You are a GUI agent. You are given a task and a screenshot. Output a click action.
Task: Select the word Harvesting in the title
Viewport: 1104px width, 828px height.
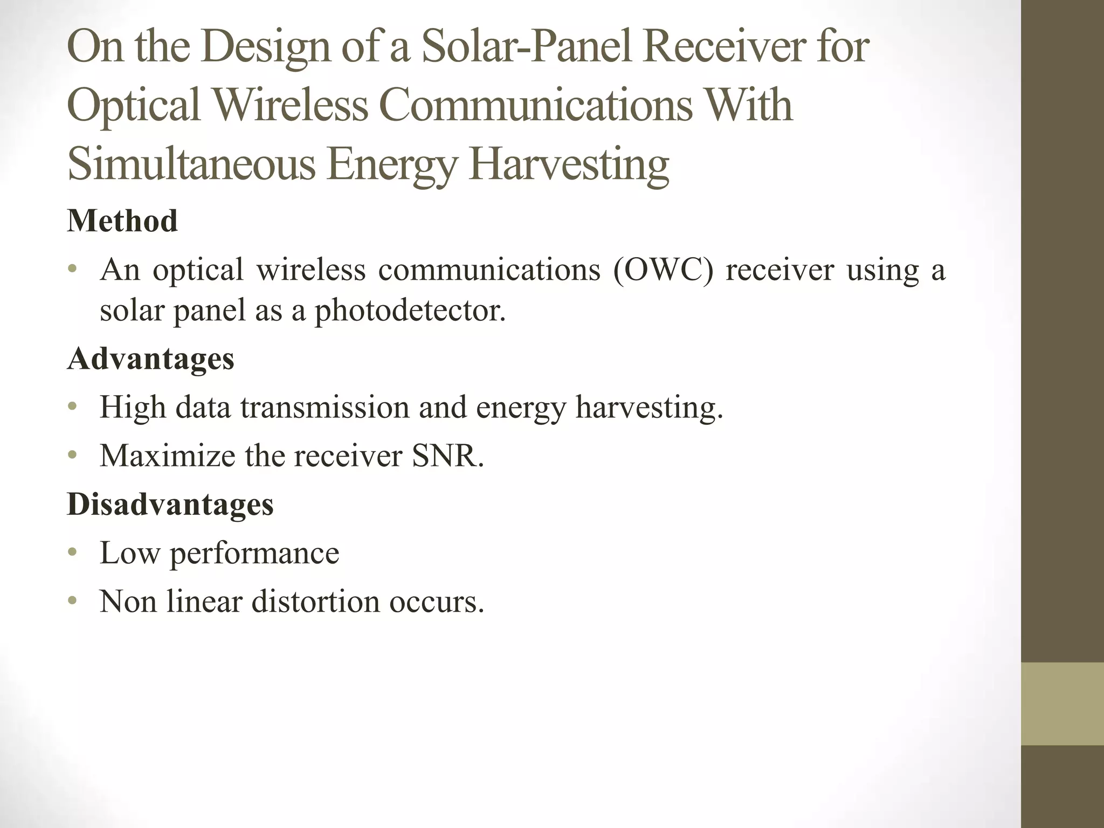569,165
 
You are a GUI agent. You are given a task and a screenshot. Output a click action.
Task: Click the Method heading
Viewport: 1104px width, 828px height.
122,221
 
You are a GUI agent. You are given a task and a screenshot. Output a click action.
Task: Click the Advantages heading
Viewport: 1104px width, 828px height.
150,359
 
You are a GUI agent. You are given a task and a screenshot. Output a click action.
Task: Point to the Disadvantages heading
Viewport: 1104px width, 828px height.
170,505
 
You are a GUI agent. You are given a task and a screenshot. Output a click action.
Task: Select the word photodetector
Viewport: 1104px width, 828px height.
410,310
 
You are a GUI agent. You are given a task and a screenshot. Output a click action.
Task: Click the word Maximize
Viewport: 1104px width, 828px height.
168,456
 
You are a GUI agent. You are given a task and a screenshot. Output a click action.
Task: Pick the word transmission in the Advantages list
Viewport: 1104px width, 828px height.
325,408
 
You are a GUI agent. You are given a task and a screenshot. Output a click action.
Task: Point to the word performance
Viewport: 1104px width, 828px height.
254,553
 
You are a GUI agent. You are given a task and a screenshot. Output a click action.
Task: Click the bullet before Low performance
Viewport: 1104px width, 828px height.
73,553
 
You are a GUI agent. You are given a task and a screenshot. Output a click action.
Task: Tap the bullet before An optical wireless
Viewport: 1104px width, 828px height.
73,270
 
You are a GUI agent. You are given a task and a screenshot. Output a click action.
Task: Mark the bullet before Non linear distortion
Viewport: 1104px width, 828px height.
73,602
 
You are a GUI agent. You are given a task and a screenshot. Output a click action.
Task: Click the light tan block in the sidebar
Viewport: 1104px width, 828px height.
1062,703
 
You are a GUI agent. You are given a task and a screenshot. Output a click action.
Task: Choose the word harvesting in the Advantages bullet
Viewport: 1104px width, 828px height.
649,408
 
